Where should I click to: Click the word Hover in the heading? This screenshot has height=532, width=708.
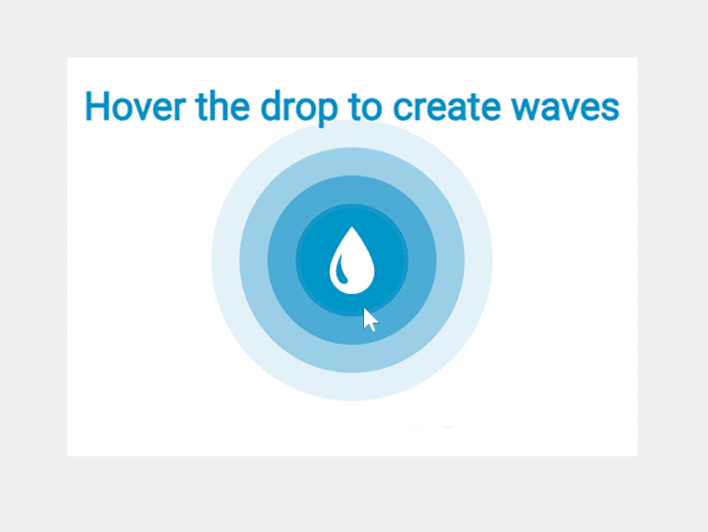point(135,106)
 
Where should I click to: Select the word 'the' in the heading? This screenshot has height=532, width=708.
point(222,106)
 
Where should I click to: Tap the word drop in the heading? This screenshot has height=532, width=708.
point(299,109)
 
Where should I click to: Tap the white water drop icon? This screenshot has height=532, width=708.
point(352,260)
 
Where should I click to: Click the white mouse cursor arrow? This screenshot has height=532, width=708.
point(371,320)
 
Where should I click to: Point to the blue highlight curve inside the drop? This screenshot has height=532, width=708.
point(342,269)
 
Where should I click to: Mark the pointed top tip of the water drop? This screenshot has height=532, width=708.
point(352,227)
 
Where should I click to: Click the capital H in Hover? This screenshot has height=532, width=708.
point(98,106)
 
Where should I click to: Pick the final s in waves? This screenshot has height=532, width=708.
point(609,110)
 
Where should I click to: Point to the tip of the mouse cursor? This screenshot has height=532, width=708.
point(364,309)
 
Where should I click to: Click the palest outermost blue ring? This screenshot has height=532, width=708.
point(226,260)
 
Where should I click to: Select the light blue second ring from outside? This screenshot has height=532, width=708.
point(254,260)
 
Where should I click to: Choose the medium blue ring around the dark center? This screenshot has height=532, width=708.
point(282,260)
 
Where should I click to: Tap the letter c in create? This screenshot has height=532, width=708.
point(403,110)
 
